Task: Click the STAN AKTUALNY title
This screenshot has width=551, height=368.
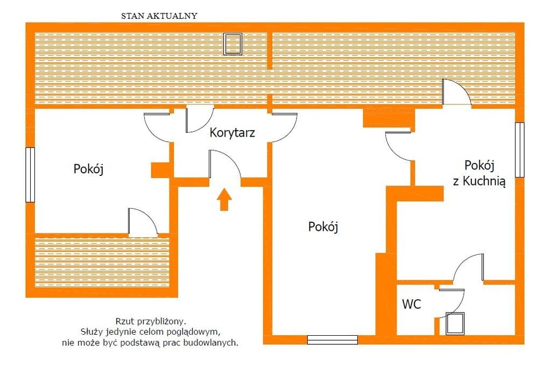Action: tap(159, 16)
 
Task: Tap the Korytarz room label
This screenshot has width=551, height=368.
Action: tap(232, 132)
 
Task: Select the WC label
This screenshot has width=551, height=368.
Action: tap(412, 305)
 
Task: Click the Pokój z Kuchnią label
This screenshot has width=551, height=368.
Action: tap(479, 173)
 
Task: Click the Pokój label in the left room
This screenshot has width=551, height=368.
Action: tap(88, 169)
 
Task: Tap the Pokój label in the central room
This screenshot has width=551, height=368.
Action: tap(323, 227)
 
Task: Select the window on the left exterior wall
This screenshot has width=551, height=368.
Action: tap(30, 175)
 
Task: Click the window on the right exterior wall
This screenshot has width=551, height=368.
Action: tap(519, 150)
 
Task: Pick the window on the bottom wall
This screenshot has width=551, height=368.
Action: tap(333, 339)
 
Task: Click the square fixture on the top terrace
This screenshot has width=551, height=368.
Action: tap(233, 44)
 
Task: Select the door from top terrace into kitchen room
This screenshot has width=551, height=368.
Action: tap(455, 93)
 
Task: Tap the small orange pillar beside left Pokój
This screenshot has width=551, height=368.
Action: tap(160, 169)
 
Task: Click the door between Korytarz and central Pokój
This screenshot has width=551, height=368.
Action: tap(284, 127)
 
